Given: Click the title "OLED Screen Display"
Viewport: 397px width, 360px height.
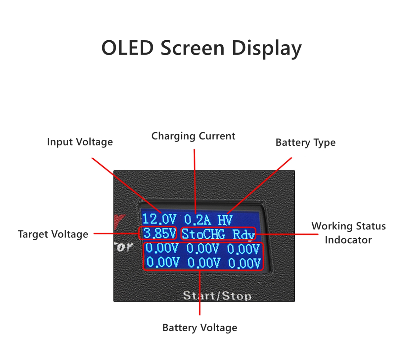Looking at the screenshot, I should coord(201,48).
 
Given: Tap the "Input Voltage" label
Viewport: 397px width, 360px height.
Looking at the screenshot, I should coord(80,142).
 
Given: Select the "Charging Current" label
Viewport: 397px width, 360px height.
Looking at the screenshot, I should coord(193,136).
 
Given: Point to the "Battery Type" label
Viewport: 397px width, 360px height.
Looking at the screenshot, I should coord(305,142).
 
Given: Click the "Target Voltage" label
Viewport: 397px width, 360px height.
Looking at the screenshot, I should coord(53,234).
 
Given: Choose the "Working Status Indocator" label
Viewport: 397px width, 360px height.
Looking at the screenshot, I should coord(348,233).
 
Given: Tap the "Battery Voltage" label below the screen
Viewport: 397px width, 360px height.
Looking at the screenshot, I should coord(200,328).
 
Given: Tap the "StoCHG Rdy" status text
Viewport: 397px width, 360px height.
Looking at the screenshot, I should coord(218,234).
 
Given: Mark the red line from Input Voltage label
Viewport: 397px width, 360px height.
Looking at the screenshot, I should coord(126,185).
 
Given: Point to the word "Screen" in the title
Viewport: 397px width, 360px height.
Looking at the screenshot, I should coord(193,48).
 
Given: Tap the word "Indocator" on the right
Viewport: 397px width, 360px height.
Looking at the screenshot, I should coord(348,240).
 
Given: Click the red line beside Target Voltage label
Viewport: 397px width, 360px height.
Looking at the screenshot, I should coord(116,233).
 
